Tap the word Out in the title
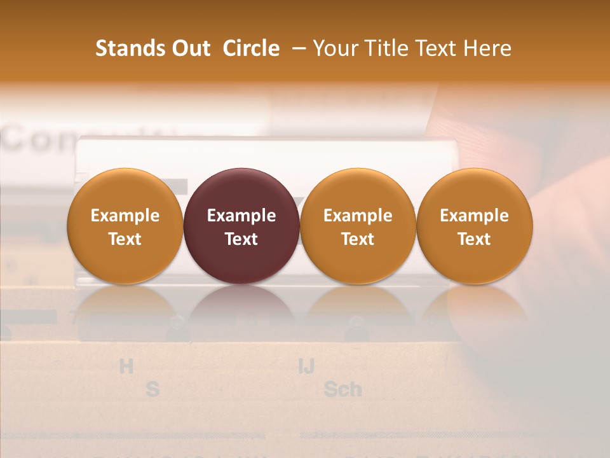(189, 48)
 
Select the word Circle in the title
(251, 48)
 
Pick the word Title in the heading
(384, 48)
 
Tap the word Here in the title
(489, 48)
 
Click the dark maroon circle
(241, 226)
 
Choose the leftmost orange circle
(125, 226)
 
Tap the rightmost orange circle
(475, 226)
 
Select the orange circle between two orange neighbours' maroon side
(358, 226)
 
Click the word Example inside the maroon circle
(241, 216)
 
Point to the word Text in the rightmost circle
(475, 239)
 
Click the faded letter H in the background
(126, 366)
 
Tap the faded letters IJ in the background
(307, 366)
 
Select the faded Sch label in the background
(342, 389)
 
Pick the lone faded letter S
(152, 389)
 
